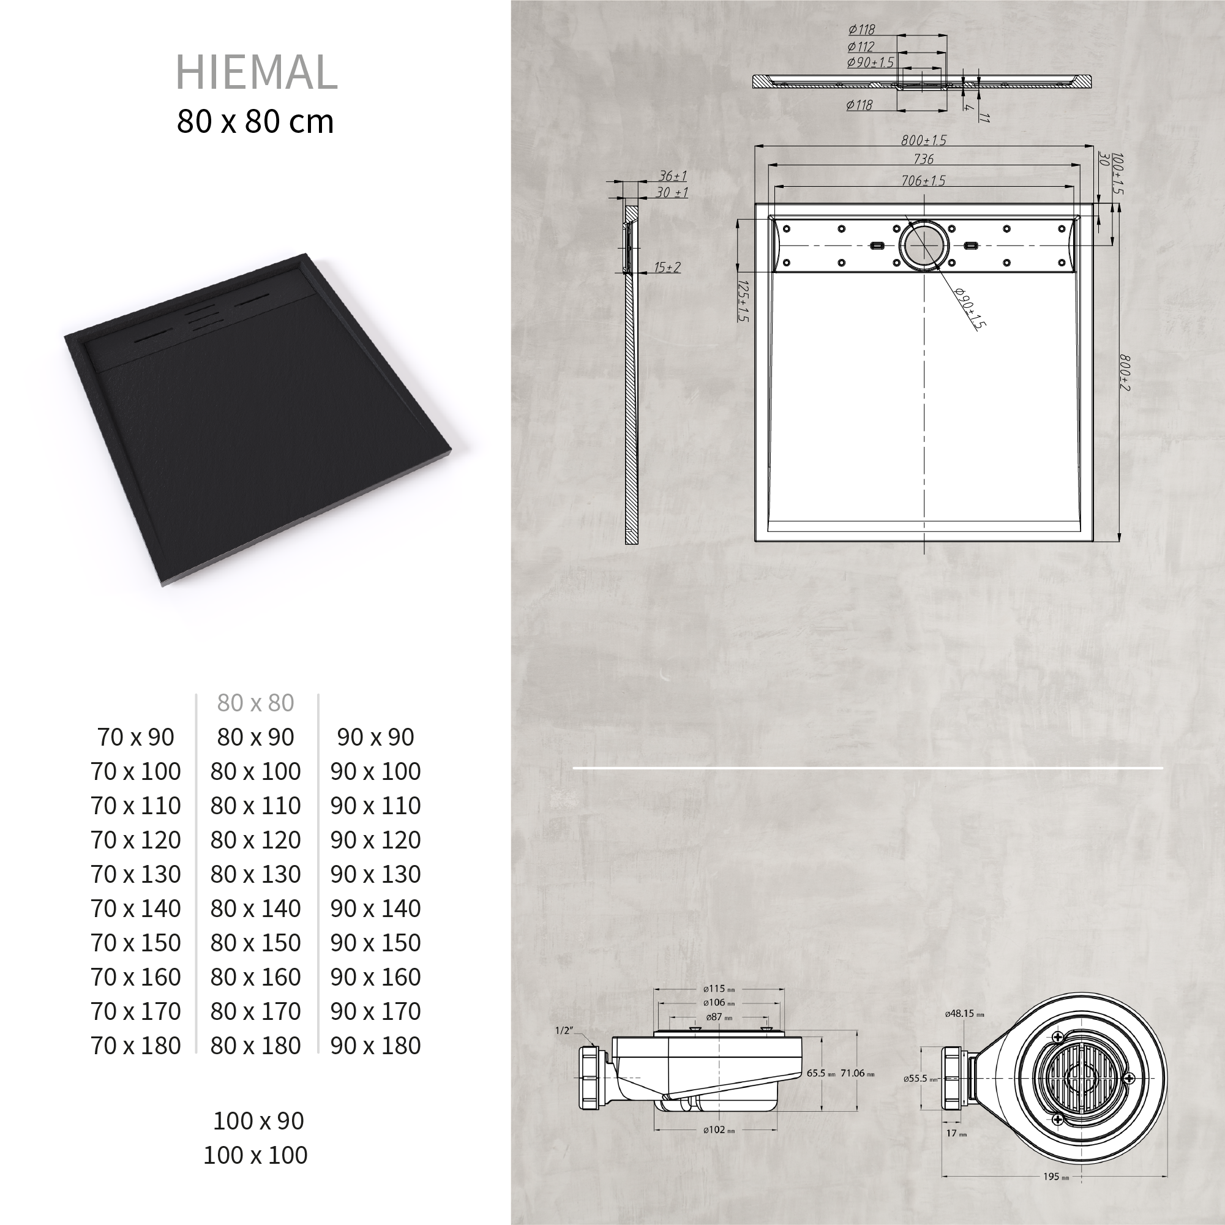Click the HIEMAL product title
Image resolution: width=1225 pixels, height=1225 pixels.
point(256,72)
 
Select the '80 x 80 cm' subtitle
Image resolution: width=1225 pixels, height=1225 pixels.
point(255,121)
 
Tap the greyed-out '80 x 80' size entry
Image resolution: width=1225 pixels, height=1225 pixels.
point(255,703)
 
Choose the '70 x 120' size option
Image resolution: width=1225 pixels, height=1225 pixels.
point(136,839)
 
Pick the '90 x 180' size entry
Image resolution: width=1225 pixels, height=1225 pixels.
point(375,1046)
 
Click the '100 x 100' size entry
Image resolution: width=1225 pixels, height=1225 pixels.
point(255,1155)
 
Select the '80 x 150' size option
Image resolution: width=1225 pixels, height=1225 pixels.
point(255,943)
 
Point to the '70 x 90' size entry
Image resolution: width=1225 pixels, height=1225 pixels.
point(136,737)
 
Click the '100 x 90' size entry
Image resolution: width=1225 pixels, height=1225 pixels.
point(259,1121)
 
